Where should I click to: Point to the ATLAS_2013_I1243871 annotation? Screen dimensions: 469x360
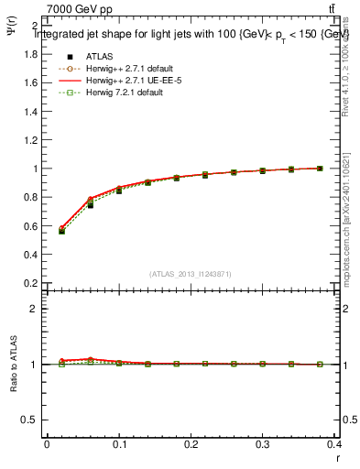tap(191, 274)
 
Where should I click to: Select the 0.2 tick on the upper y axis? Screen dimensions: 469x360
tap(31, 283)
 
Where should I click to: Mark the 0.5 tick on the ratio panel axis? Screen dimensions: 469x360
tap(29, 420)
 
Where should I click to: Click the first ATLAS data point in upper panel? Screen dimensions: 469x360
tap(61, 231)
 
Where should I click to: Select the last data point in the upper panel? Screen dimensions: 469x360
tap(320, 169)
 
